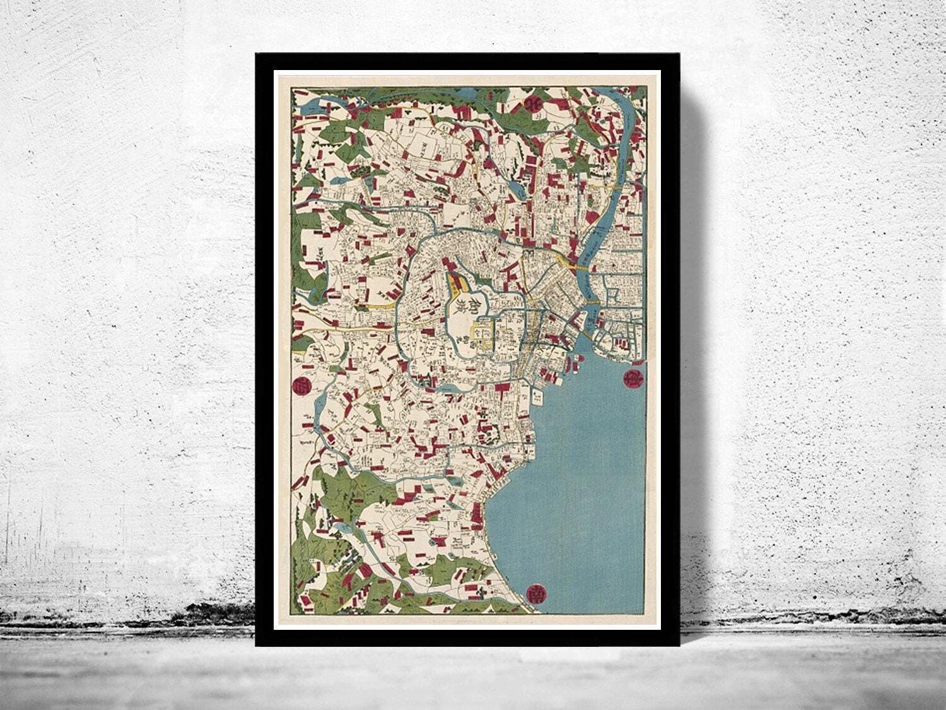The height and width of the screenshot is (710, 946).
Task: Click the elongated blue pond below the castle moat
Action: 446,389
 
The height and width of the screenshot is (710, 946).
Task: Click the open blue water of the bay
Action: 580,480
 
